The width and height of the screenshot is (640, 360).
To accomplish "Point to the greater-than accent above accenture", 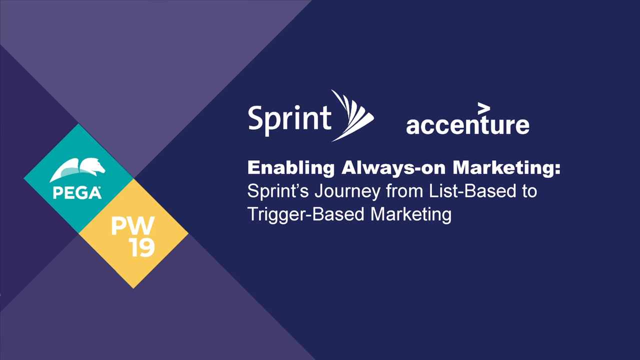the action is [484, 108].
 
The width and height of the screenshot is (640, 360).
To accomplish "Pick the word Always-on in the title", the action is [393, 168].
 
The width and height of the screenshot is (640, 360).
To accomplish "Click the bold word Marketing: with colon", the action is [506, 168].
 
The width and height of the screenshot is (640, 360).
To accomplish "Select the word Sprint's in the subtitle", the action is [278, 191].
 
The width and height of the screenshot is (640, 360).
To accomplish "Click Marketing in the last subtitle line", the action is [411, 215].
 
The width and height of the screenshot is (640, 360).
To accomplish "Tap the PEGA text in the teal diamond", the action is [77, 193].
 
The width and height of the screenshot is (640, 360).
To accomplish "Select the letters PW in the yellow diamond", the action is [133, 225].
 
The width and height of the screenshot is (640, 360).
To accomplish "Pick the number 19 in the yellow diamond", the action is [142, 247].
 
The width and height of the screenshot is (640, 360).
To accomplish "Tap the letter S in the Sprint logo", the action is [256, 117].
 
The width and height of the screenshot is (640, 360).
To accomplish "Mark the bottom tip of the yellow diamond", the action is [133, 288].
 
